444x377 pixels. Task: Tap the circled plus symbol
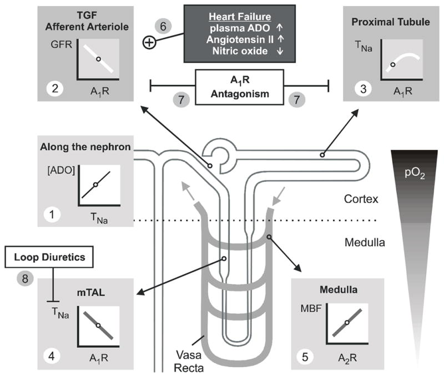[x=149, y=42]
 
